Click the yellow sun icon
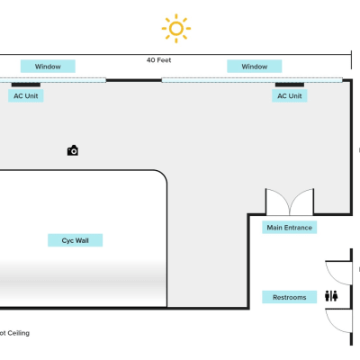(176, 29)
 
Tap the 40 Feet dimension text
(158, 60)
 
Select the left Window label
(48, 67)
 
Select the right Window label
(255, 67)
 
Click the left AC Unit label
(26, 96)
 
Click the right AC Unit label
(290, 96)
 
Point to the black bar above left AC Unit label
(26, 85)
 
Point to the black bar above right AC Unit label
(290, 85)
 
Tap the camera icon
(73, 150)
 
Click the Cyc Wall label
(76, 240)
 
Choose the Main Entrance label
(290, 228)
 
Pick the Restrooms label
(290, 297)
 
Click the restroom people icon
(331, 296)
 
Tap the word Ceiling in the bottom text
(19, 333)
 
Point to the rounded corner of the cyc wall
(163, 175)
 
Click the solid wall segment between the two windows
(134, 80)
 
